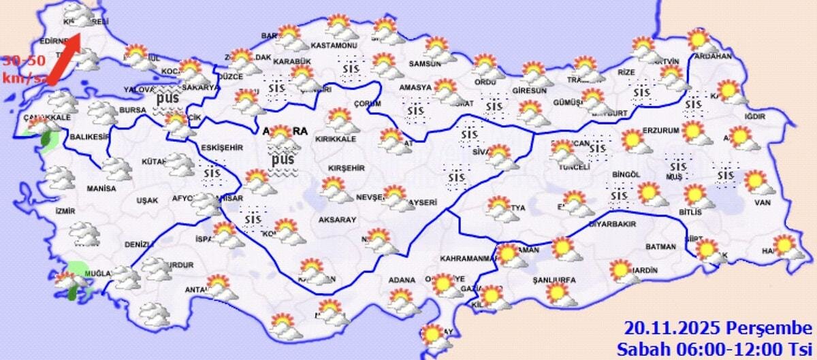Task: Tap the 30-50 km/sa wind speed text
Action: (25, 69)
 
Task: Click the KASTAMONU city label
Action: (334, 46)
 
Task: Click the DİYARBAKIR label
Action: (612, 224)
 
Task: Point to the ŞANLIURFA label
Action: (554, 280)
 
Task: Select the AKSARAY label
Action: (338, 220)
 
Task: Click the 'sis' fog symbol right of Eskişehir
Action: (212, 175)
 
